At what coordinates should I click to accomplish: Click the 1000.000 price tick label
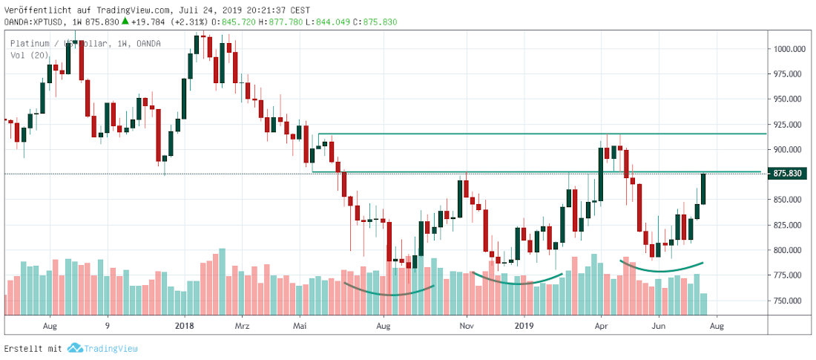click(790, 49)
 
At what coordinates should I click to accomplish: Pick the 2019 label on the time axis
click(524, 325)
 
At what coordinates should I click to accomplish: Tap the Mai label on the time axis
click(300, 325)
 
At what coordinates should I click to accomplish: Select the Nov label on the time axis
click(467, 325)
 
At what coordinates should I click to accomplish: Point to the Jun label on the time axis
click(658, 325)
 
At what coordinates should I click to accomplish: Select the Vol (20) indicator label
click(27, 55)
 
